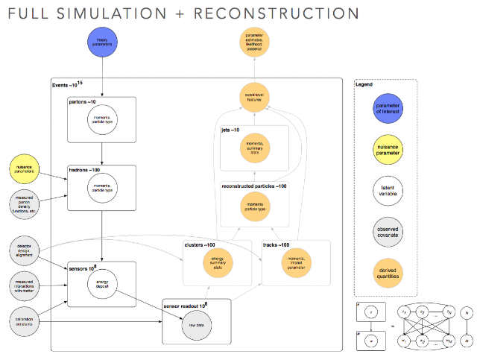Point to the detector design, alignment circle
point(27,250)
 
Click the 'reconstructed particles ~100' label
point(253,185)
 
